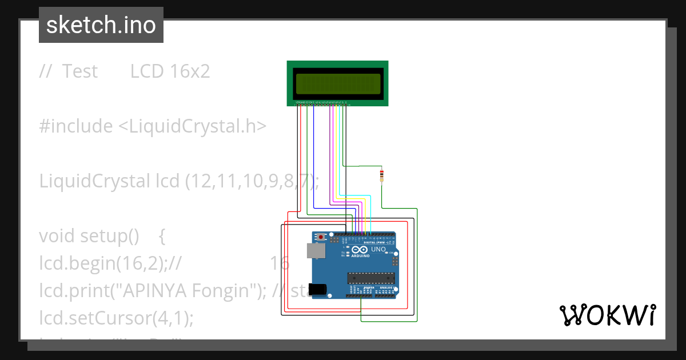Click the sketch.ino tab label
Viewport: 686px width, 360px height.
coord(101,25)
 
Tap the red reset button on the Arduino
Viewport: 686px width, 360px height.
coord(321,237)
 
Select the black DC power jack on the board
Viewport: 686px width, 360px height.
coord(317,289)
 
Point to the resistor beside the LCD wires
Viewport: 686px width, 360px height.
coord(381,175)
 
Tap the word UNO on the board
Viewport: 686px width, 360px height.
coord(378,250)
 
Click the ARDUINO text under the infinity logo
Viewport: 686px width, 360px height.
coord(361,256)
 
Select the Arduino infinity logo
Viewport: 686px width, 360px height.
coord(360,250)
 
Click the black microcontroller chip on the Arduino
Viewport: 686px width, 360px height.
coord(371,278)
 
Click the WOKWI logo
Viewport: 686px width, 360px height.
coord(607,315)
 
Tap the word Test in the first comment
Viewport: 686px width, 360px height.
coord(80,71)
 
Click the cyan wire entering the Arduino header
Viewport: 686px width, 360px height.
coord(371,217)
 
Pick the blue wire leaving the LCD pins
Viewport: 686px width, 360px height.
coord(314,160)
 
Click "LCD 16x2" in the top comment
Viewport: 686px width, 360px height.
coord(170,71)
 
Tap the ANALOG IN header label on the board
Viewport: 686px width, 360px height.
coord(387,287)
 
